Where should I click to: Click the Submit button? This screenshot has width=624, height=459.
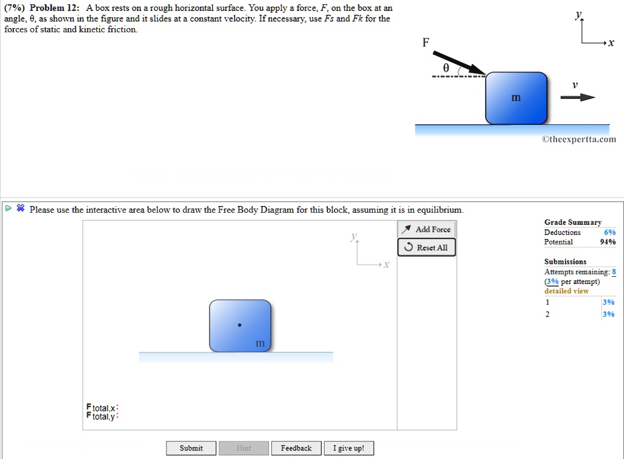tap(191, 448)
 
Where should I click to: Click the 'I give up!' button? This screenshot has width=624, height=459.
tap(349, 448)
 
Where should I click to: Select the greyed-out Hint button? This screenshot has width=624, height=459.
tap(244, 448)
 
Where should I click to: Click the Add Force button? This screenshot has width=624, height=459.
tap(427, 229)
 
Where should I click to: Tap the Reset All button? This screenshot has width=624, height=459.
tap(427, 247)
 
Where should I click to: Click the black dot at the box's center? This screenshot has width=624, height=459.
tap(239, 325)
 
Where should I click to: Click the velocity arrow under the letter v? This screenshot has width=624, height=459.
tap(578, 98)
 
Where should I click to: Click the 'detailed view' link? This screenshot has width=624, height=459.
tap(566, 291)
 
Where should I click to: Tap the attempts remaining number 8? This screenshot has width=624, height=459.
tap(614, 272)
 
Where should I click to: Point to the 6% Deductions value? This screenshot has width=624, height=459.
tap(609, 232)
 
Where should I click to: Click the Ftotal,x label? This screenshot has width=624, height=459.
tap(101, 407)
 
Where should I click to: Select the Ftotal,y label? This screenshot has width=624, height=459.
tap(101, 416)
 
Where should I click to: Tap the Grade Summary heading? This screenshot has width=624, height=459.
tap(572, 222)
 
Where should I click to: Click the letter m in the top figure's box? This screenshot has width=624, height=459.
tap(516, 98)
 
